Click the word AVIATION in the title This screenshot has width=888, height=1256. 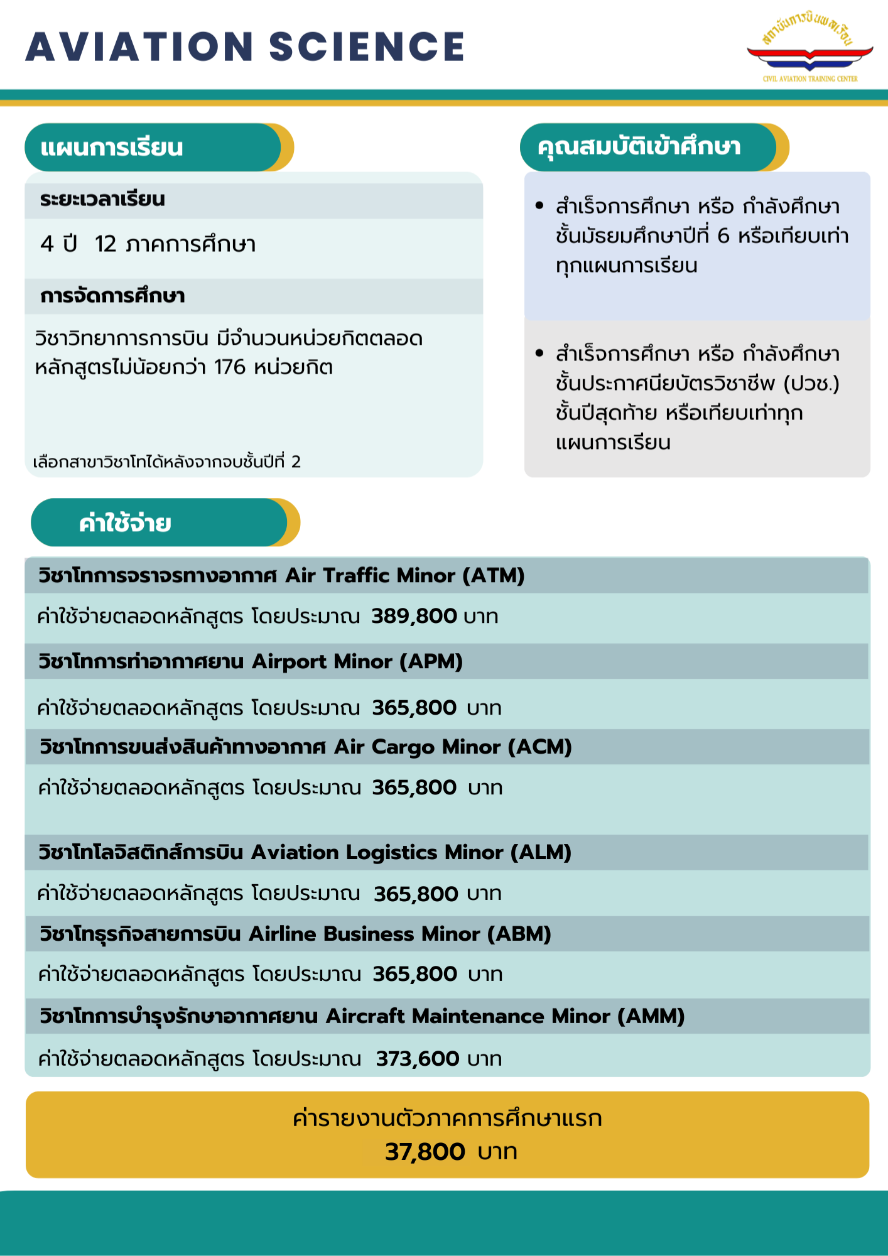coord(139,47)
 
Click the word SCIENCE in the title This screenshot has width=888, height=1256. coord(367,47)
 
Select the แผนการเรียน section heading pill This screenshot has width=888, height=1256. coord(158,148)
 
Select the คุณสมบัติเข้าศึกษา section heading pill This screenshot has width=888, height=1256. coord(653,148)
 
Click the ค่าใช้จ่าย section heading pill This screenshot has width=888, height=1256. coord(165,522)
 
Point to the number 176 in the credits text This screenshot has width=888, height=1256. coord(229,367)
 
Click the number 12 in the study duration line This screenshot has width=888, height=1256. coord(106,244)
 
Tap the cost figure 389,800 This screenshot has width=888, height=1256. coord(414,616)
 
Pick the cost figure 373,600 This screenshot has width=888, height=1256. coord(418,1059)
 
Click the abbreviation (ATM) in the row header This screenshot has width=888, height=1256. coord(494,576)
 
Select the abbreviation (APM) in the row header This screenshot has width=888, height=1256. coord(431,662)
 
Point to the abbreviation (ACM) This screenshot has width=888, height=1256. coord(540,747)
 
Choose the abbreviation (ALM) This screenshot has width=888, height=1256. coord(541,853)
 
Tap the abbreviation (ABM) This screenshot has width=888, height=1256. coord(519,934)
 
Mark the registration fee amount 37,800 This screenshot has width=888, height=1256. coord(425,1152)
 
